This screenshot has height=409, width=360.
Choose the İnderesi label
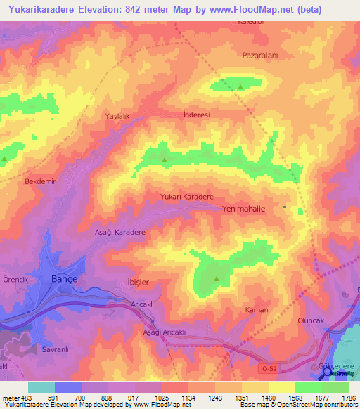196,114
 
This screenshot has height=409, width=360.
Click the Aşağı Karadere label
120,232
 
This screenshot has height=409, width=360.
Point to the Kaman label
257,310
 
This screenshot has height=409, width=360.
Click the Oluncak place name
310,320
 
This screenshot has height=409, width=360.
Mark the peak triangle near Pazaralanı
240,88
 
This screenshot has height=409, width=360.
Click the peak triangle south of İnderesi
165,160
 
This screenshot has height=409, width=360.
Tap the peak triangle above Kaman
216,280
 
